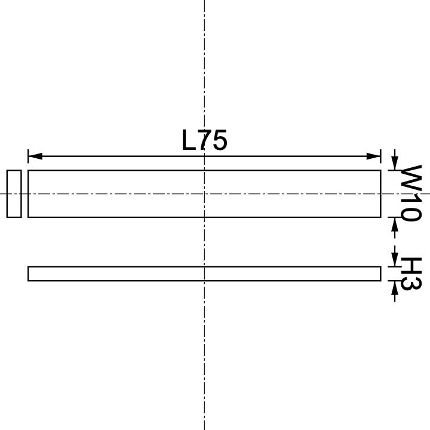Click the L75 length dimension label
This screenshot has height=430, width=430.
204,141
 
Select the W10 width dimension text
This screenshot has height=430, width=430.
411,193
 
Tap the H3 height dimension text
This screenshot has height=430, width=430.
411,274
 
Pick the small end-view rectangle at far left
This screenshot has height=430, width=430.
14,193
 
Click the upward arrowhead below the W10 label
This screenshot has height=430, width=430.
394,223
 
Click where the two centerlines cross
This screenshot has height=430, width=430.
204,193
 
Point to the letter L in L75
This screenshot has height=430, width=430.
188,141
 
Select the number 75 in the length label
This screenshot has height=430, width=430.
213,141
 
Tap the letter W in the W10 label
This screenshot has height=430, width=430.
411,177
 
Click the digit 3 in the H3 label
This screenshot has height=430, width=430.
411,282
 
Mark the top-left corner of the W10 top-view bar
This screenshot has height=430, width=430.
28,170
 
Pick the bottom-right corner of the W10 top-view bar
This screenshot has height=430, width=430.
380,217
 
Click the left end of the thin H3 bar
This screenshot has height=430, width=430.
29,274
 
